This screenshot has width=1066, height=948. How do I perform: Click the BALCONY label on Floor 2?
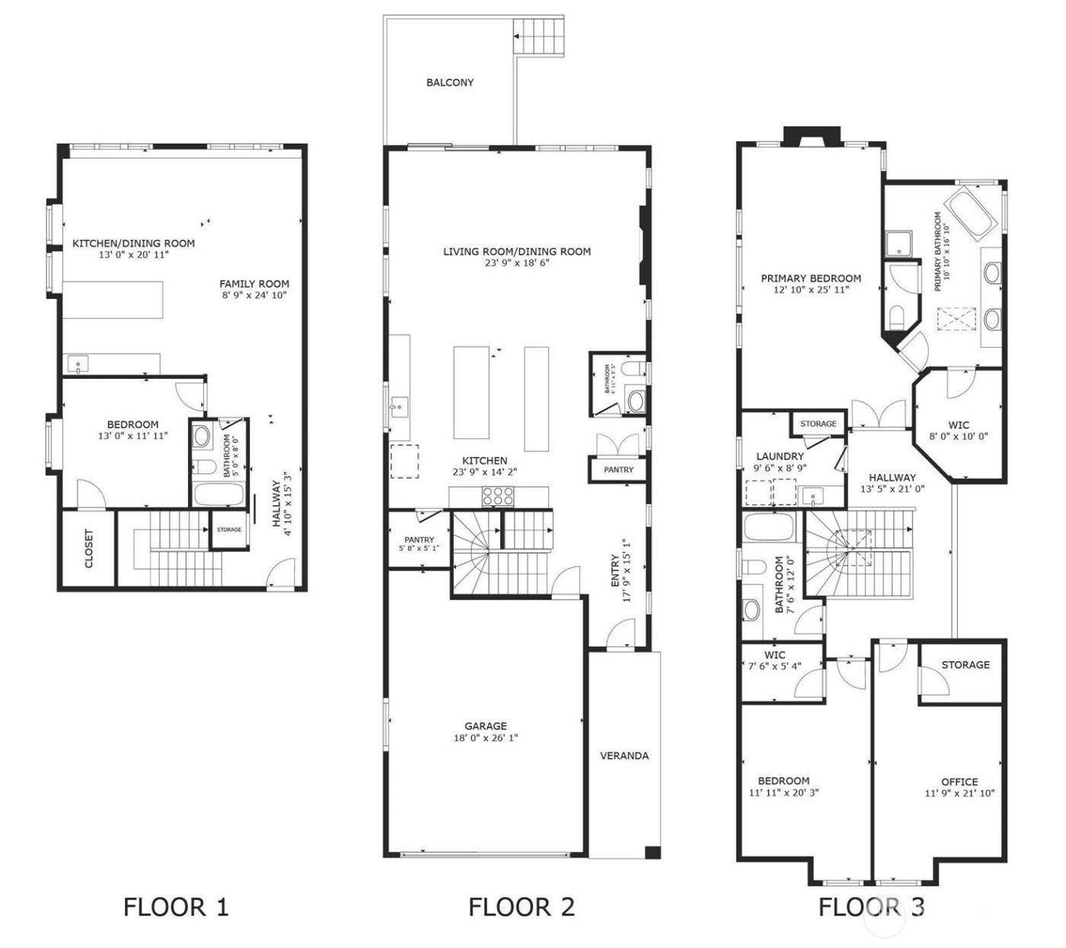[x=449, y=82]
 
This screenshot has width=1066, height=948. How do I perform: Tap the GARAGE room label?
[x=486, y=726]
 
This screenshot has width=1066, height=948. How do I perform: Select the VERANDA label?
[x=624, y=756]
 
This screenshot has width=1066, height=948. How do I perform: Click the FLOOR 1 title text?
[x=176, y=907]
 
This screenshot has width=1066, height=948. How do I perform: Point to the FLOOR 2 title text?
[x=522, y=907]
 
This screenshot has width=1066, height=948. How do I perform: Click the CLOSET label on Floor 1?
[x=88, y=549]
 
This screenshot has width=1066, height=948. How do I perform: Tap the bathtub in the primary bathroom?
[x=971, y=215]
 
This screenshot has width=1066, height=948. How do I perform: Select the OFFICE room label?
[x=959, y=781]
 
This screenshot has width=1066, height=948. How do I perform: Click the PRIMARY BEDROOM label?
[x=811, y=278]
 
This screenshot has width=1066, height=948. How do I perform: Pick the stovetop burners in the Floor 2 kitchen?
[x=498, y=496]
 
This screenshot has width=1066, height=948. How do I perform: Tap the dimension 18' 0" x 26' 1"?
[x=486, y=737]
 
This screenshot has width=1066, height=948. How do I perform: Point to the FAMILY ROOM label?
[x=254, y=284]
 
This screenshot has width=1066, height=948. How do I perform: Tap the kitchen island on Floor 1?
[x=113, y=300]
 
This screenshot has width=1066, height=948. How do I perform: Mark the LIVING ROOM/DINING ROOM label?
[x=517, y=251]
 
